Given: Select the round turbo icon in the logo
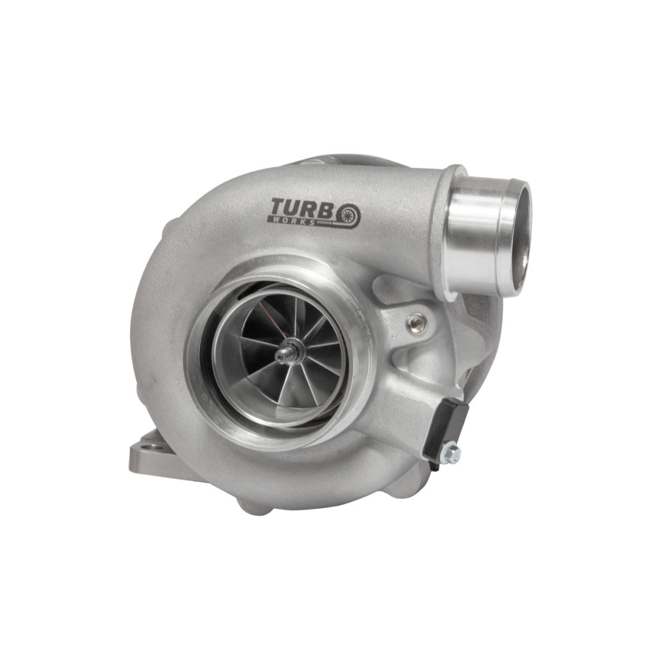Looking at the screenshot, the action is tap(348, 215).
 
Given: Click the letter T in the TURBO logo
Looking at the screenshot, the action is tap(278, 208).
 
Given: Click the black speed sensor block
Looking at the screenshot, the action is tap(446, 429).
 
